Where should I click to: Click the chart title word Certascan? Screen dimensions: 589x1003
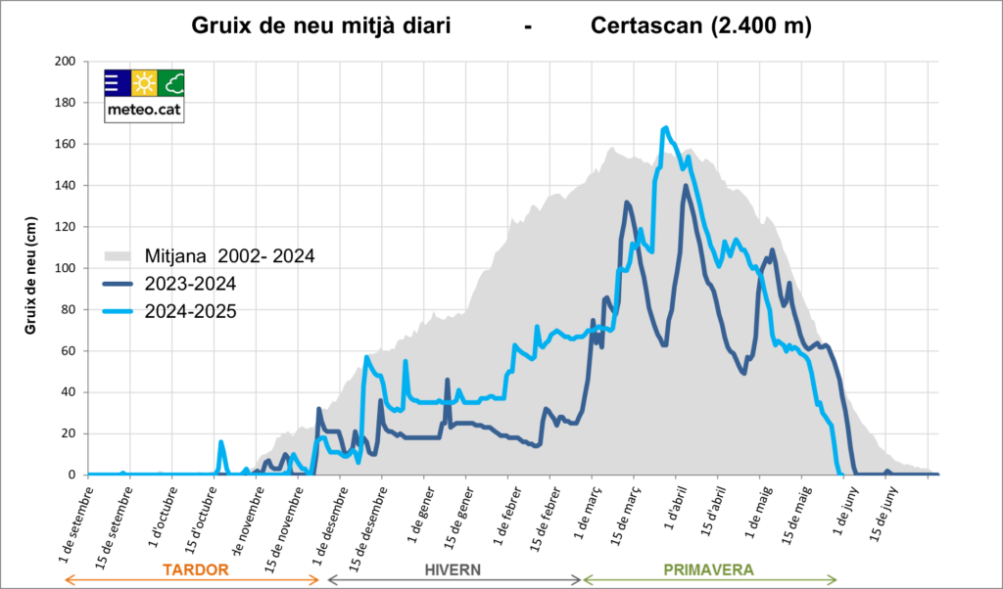tap(647, 26)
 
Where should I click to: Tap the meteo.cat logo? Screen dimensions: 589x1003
tap(144, 95)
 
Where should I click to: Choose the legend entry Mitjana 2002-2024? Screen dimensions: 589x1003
tap(229, 256)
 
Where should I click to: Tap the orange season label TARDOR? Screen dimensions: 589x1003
tap(195, 568)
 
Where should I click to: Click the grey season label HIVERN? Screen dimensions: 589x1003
tap(453, 568)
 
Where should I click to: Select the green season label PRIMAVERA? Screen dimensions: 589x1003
tap(709, 568)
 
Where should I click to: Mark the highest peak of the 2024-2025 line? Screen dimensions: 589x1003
tap(666, 128)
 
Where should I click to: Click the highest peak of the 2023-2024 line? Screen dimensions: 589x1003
tap(687, 186)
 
